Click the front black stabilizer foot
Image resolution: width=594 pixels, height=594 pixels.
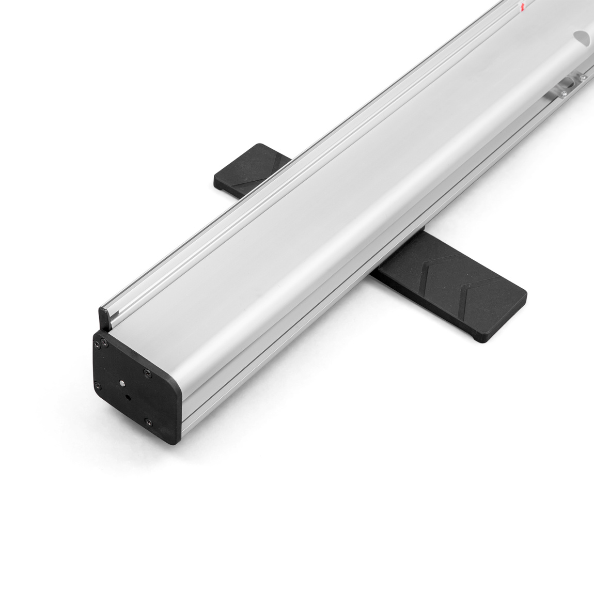click(x=455, y=300)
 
